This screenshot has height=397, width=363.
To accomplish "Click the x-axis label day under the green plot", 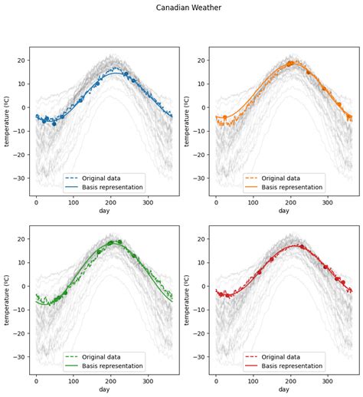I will [104, 389].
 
